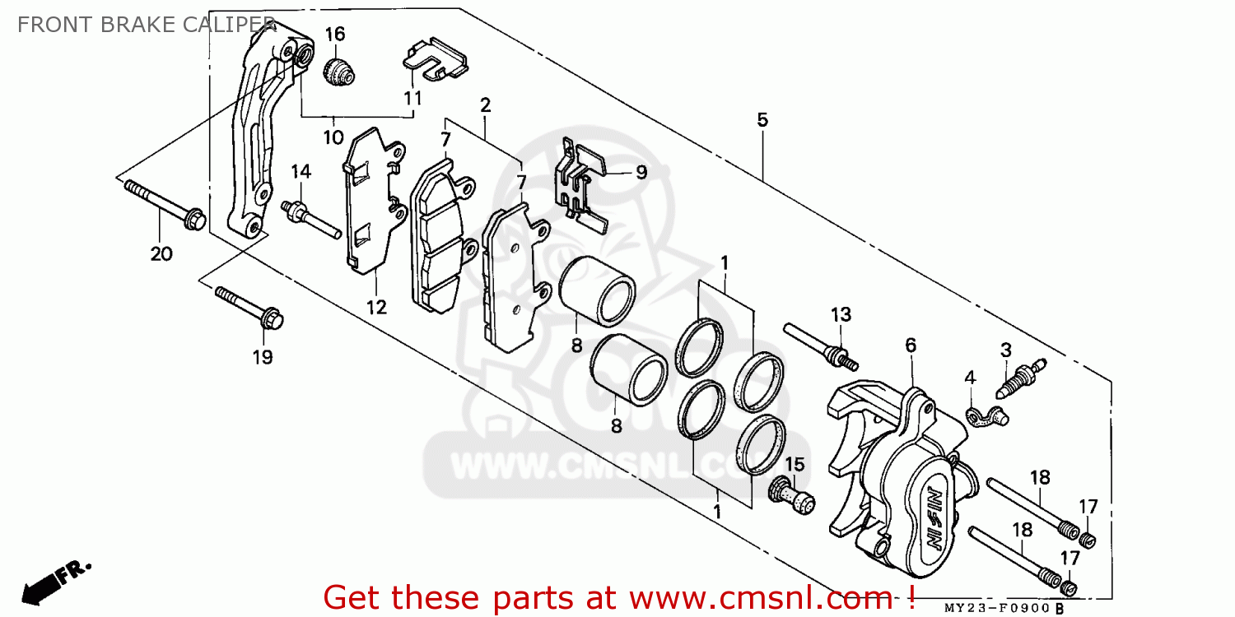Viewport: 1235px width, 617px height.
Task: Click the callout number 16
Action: [334, 35]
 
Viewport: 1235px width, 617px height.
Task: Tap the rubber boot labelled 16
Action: [338, 71]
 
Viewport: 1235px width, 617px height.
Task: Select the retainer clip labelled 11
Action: [436, 58]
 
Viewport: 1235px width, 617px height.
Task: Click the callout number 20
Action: [161, 254]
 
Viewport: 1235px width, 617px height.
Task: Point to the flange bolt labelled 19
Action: [249, 308]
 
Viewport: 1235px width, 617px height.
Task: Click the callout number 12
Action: [376, 308]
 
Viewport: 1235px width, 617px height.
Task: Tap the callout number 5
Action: [762, 119]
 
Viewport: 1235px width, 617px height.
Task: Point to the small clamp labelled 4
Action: [987, 417]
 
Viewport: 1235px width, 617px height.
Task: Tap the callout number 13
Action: [841, 314]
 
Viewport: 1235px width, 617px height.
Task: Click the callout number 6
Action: [911, 346]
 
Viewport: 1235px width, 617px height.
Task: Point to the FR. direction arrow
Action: [55, 582]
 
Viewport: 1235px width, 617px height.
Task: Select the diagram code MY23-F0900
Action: [997, 608]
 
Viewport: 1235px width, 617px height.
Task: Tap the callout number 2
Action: [485, 105]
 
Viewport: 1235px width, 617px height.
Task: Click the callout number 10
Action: [333, 137]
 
